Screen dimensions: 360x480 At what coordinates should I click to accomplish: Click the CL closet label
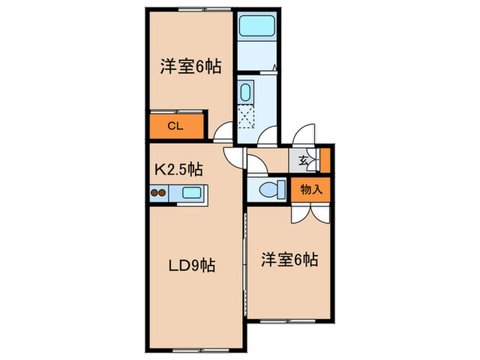coord(175,126)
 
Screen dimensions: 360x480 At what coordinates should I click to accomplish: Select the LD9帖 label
coord(192,265)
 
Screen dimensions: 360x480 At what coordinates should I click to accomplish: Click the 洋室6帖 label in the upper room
coord(191,67)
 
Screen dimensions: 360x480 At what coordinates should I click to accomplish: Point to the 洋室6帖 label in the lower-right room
coord(289,261)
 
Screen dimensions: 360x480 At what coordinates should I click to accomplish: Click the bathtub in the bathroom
coord(256,28)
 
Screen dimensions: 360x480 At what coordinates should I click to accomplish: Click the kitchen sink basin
coord(191,193)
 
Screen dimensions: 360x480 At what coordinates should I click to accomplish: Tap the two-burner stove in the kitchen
coord(158,193)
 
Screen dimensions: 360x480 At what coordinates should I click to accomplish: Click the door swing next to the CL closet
coord(221,134)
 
